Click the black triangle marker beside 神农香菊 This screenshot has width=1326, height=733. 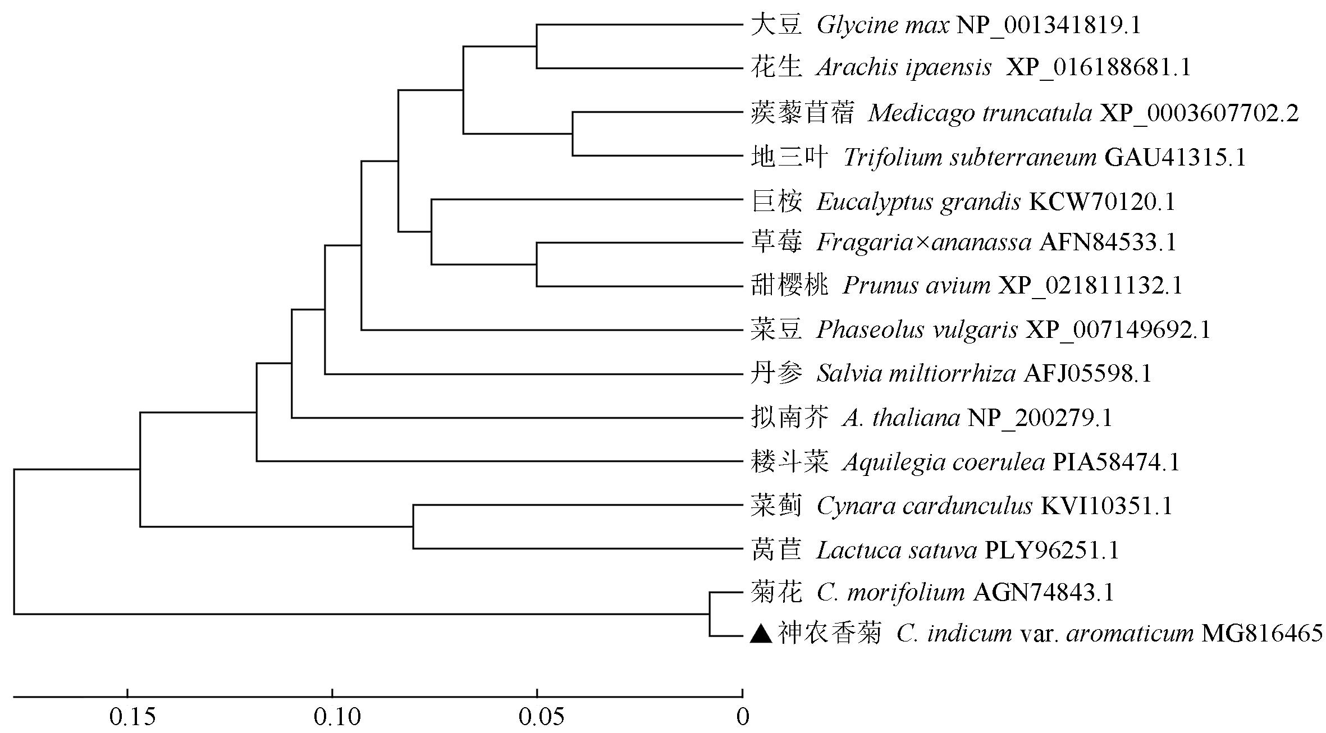click(762, 634)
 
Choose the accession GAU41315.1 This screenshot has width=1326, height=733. click(1175, 158)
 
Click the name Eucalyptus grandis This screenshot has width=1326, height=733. click(918, 202)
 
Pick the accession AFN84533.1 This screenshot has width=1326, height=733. click(1108, 242)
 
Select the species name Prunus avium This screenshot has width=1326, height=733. click(916, 286)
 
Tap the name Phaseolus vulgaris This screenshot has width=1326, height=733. click(917, 330)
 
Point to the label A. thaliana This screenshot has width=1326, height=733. click(901, 418)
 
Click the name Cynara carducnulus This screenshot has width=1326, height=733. click(924, 506)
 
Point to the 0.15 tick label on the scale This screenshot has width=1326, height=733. click(132, 717)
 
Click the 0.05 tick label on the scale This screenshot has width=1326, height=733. click(541, 717)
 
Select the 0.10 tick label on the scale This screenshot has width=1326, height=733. click(337, 717)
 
